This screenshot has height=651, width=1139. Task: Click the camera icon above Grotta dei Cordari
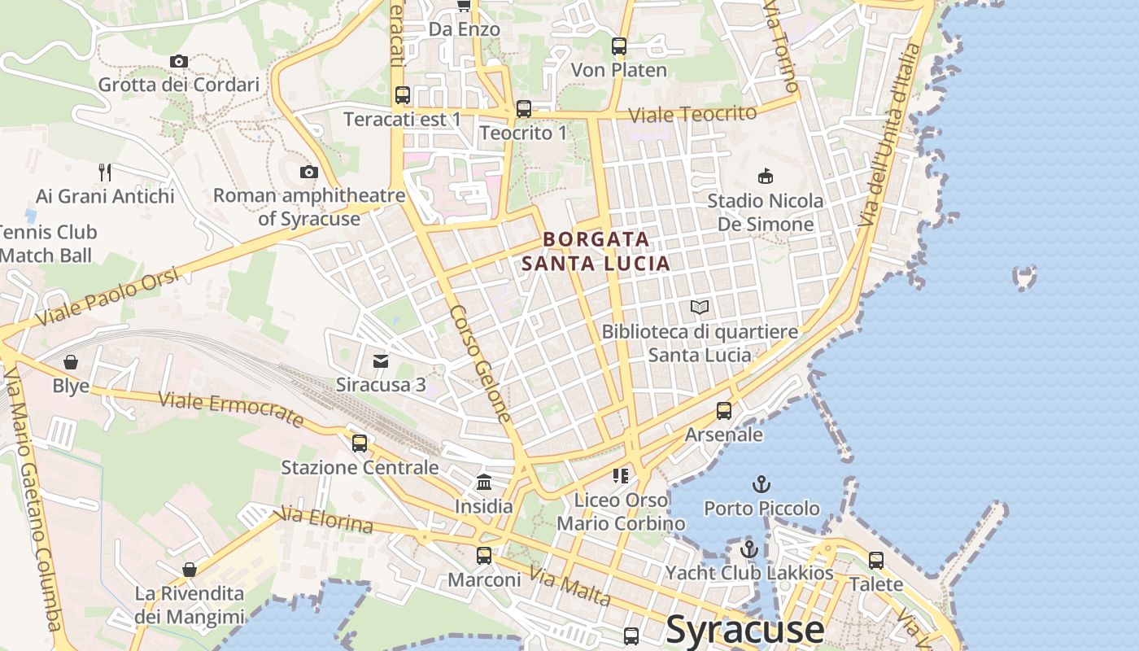pos(179,61)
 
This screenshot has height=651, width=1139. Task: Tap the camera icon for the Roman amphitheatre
pos(308,172)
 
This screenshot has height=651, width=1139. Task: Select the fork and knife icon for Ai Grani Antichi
pos(105,172)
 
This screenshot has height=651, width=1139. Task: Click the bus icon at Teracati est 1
pos(402,94)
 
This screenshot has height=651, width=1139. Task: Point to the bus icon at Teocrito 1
pos(523,108)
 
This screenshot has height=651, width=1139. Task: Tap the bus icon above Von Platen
pos(619,46)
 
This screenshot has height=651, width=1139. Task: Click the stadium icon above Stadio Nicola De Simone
pos(765,176)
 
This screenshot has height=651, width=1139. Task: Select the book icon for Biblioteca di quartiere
pos(700,307)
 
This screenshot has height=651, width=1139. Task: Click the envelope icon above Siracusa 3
pos(380,360)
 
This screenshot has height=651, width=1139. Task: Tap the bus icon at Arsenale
pos(723,410)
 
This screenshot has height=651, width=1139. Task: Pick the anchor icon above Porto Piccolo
pos(762,484)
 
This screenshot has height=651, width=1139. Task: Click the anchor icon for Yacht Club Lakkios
pos(749,549)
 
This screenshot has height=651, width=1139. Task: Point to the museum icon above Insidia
pos(484,482)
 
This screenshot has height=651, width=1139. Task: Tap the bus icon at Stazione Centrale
pos(359,443)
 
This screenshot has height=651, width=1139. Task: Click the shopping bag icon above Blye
pos(71,361)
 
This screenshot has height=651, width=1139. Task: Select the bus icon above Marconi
pos(484,555)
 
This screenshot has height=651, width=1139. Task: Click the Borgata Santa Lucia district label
pos(596,251)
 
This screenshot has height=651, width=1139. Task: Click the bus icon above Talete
pos(875,560)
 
